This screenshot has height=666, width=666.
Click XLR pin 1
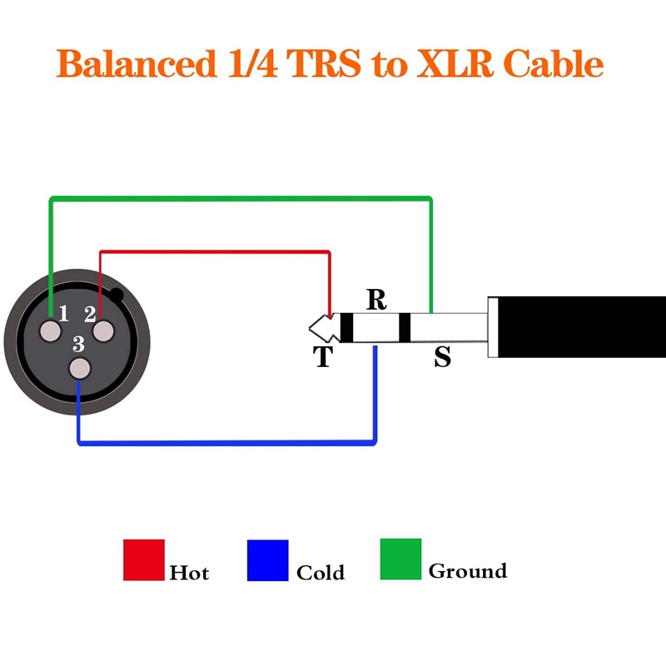pos(52,331)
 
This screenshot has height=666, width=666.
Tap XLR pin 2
pos(103,331)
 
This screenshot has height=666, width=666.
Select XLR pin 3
pos(78,368)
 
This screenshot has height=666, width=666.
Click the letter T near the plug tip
pos(322,357)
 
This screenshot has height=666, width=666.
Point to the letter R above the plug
pos(376,300)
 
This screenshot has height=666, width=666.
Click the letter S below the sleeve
pos(442,357)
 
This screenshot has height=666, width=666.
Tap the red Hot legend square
pos(144,559)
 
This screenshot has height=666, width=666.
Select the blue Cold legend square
pos(268,559)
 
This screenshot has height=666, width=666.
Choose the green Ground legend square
pos(400,559)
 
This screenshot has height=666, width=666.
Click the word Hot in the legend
pos(189,572)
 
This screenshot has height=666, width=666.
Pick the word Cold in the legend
pos(321,572)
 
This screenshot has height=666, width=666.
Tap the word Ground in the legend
pos(467,571)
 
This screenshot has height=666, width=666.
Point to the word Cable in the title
pos(554,64)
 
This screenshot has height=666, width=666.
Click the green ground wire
pos(241,199)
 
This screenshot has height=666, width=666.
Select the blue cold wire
pos(225,441)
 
